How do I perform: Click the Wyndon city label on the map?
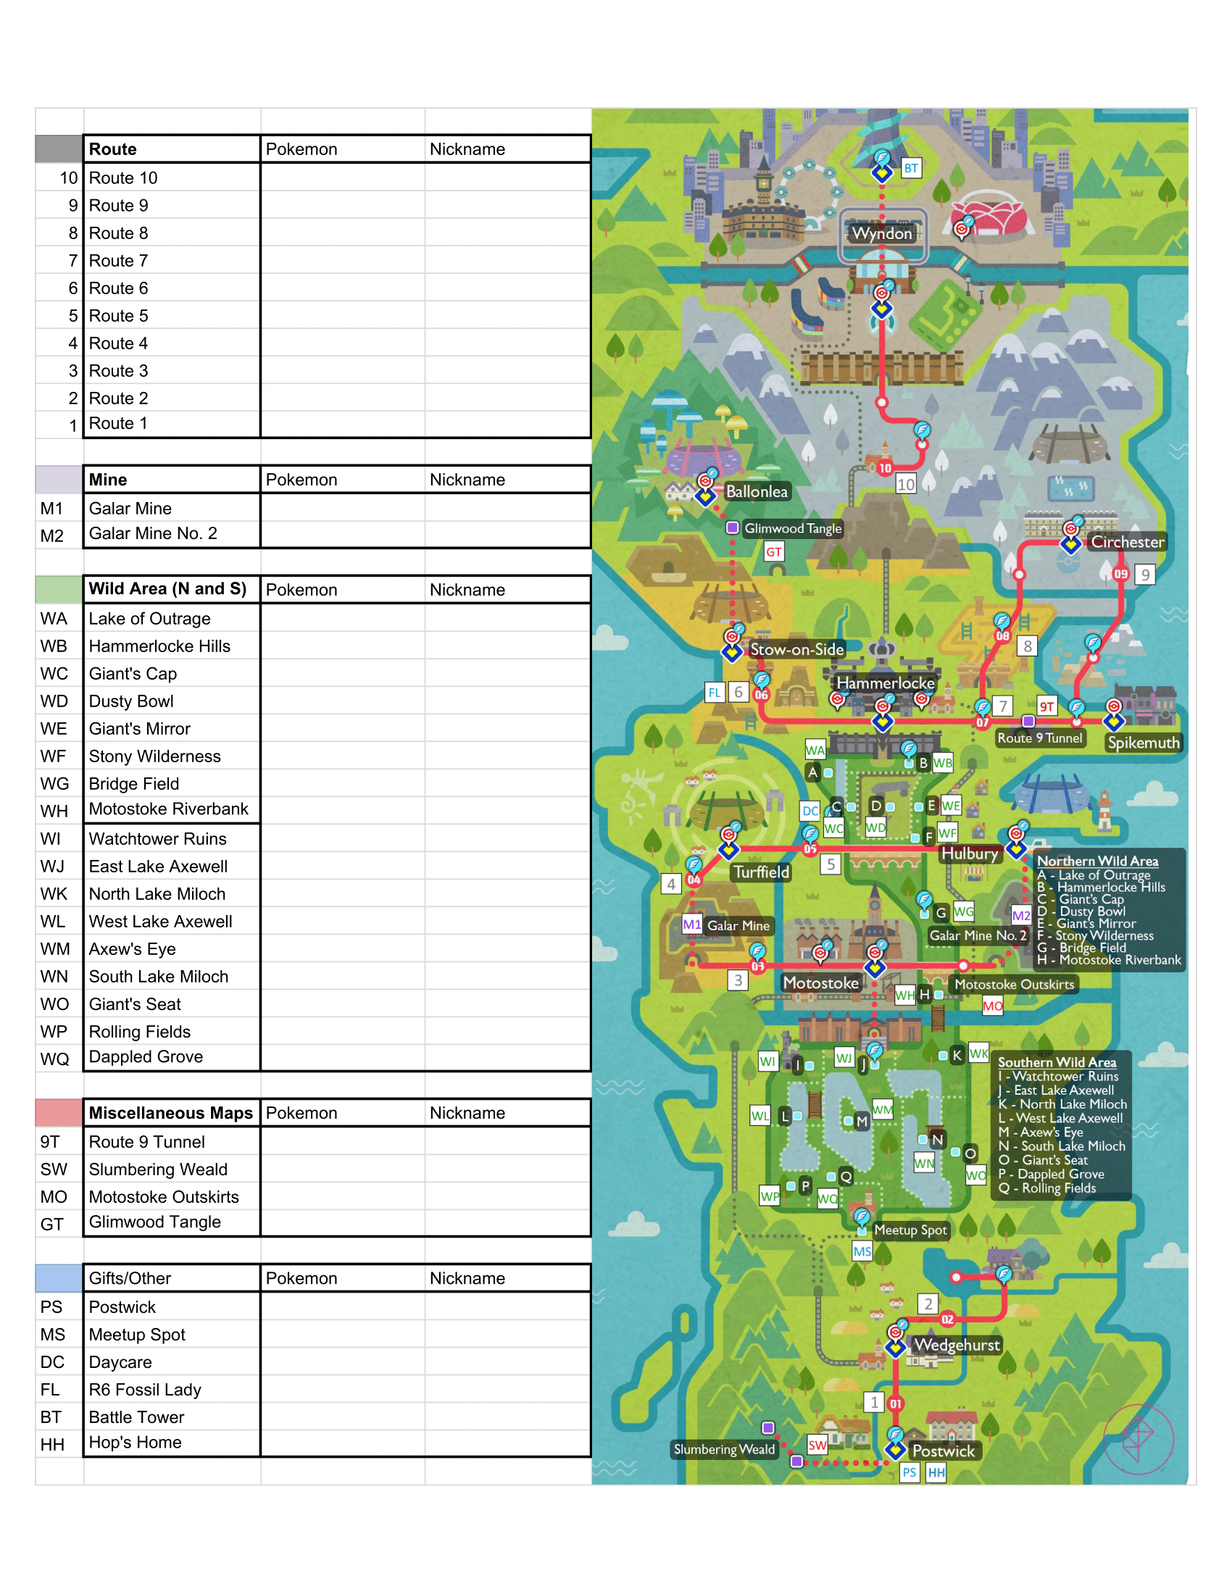(x=883, y=233)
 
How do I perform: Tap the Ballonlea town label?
(x=756, y=492)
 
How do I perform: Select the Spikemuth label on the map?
(x=1143, y=743)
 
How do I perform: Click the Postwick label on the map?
(x=943, y=1451)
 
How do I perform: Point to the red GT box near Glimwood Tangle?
(x=774, y=553)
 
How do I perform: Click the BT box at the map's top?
(x=911, y=168)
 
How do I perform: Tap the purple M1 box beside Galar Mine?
(x=691, y=925)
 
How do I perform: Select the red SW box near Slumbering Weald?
(x=817, y=1445)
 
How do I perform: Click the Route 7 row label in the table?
(x=118, y=261)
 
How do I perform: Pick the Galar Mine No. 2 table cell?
(x=153, y=533)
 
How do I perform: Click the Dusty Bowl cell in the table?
(x=131, y=701)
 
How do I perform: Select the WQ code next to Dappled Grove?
(x=55, y=1059)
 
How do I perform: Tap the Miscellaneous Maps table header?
(x=171, y=1113)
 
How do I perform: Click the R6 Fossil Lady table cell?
(x=144, y=1390)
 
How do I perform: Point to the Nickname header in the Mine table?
(x=467, y=480)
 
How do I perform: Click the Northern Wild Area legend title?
(x=1097, y=861)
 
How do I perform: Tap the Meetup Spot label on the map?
(x=910, y=1230)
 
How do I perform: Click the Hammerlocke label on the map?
(x=885, y=683)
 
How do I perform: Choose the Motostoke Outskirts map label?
(x=1014, y=985)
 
